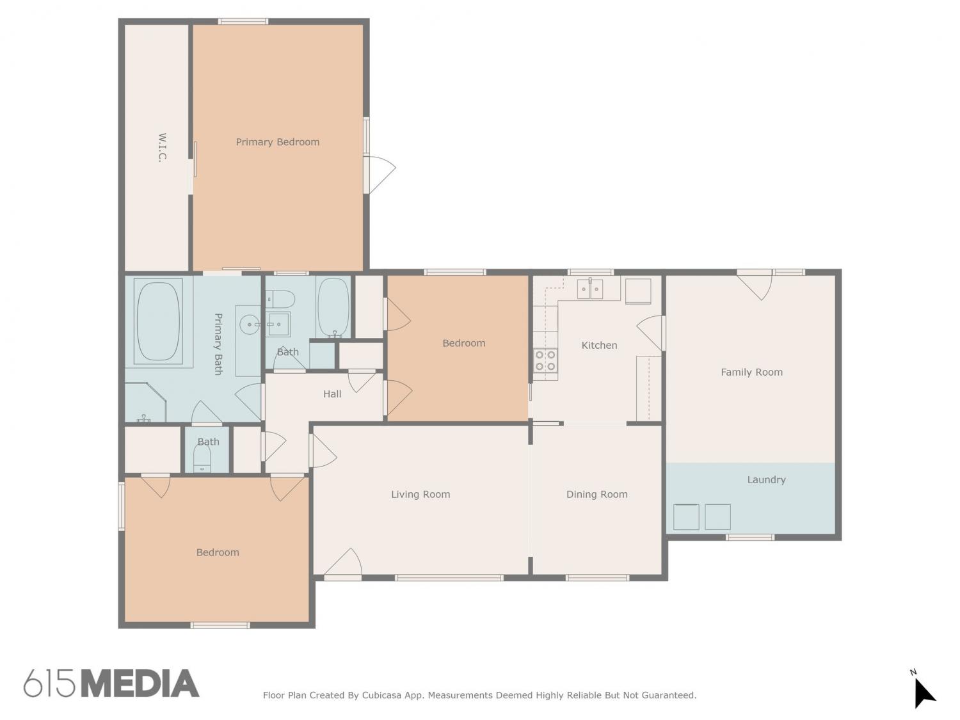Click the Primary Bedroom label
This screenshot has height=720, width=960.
(277, 142)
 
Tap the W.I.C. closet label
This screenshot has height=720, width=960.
(162, 148)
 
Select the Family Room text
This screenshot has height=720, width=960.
(751, 372)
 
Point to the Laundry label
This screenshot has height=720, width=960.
(766, 479)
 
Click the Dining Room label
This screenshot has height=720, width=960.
(596, 494)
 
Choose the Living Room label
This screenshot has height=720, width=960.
(420, 494)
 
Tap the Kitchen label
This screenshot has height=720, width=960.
(599, 345)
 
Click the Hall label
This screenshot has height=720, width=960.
(332, 394)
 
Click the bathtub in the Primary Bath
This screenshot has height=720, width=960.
(158, 321)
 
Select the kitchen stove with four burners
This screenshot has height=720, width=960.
(545, 361)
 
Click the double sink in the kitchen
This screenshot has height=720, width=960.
(590, 289)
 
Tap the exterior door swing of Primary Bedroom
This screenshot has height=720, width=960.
(380, 175)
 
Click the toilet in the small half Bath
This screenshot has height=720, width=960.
(202, 459)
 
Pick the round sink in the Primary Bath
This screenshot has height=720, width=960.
(250, 324)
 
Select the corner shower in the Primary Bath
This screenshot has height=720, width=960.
(146, 403)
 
